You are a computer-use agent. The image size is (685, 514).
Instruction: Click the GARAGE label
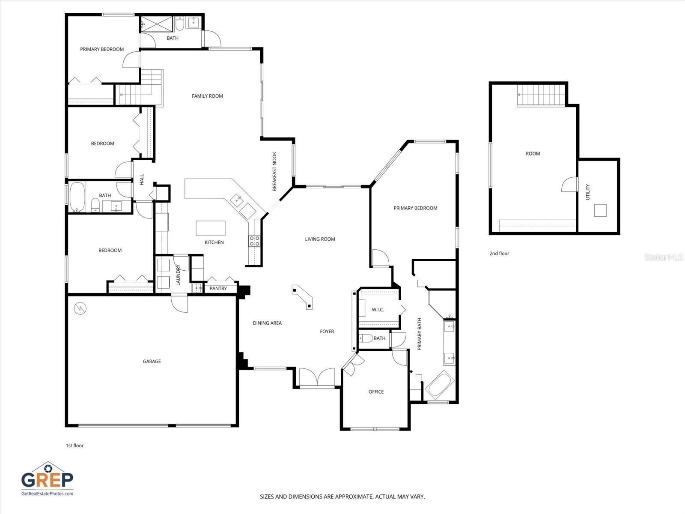152,362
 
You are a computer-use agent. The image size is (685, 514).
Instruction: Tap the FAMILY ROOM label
207,96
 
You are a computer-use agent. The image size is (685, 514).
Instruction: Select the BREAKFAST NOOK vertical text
275,171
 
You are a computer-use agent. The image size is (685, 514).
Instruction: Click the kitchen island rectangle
211,228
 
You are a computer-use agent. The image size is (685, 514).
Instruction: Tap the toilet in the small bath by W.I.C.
366,338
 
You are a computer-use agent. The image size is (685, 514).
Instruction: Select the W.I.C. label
378,310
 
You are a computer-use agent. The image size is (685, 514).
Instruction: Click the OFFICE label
376,392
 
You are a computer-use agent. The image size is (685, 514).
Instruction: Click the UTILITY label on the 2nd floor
588,192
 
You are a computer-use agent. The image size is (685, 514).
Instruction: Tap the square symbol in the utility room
600,211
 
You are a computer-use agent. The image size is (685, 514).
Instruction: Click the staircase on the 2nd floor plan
541,95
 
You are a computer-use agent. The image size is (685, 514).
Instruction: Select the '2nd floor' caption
499,254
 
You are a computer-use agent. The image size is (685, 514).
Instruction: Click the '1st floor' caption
74,445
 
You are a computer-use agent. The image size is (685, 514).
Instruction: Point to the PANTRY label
218,289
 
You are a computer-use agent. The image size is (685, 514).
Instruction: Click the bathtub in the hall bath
77,197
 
